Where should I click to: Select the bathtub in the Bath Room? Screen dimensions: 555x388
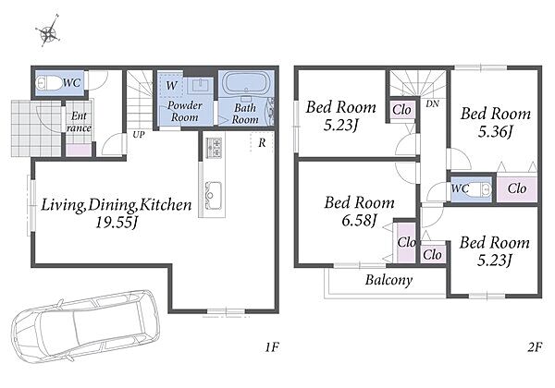click(246, 83)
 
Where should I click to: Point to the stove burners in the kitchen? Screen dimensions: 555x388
click(215, 148)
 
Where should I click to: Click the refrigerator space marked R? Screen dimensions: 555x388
click(262, 142)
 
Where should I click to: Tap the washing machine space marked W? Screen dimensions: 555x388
click(171, 85)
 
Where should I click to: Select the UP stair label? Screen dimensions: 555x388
click(139, 135)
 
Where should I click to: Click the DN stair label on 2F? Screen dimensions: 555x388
click(433, 103)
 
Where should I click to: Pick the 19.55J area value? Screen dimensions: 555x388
click(117, 223)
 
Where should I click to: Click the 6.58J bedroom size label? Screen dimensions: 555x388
click(359, 221)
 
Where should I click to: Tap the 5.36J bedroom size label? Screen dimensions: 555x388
click(495, 132)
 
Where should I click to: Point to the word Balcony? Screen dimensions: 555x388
click(388, 280)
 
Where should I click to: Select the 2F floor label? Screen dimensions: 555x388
click(535, 347)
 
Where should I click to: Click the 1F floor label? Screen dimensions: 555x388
click(272, 347)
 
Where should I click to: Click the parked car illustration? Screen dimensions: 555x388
click(84, 326)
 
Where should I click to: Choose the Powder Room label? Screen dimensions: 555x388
click(184, 111)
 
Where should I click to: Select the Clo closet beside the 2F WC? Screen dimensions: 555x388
click(517, 188)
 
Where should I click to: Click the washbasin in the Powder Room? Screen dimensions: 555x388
click(201, 85)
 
